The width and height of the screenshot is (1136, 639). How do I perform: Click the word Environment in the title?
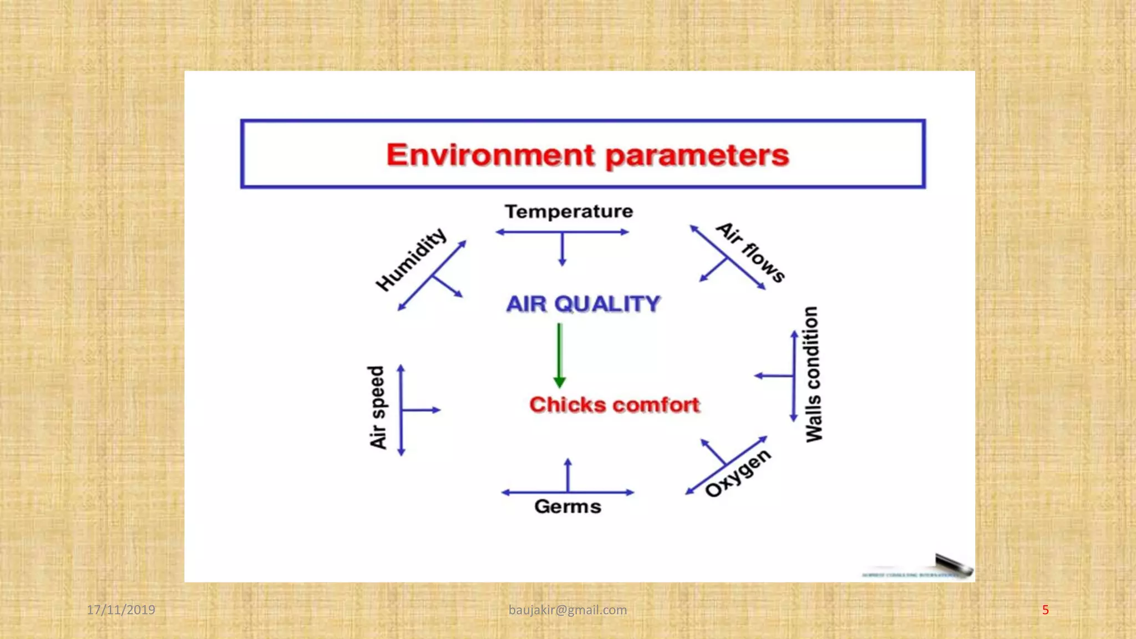coord(491,155)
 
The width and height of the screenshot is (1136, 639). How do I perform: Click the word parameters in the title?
coord(697,156)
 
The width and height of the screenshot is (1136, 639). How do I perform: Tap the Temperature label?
coord(569,211)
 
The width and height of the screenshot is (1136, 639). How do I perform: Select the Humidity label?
coord(411,259)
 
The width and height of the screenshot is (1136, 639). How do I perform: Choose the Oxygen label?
coord(738,473)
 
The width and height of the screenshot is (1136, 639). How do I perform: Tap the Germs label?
coord(567,506)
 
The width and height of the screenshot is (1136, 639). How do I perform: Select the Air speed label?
coord(377,408)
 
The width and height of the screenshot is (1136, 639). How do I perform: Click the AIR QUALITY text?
coord(583,304)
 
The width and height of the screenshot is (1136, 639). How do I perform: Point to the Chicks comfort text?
coord(615,405)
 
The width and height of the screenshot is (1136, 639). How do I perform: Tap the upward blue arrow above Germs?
coord(567,474)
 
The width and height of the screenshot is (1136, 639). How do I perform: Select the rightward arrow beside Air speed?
coord(422,410)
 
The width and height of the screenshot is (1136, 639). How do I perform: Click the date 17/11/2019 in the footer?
coord(121,610)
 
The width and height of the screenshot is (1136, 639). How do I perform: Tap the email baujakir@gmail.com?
coord(567,610)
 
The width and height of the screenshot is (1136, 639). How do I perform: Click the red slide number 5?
coord(1045,610)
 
